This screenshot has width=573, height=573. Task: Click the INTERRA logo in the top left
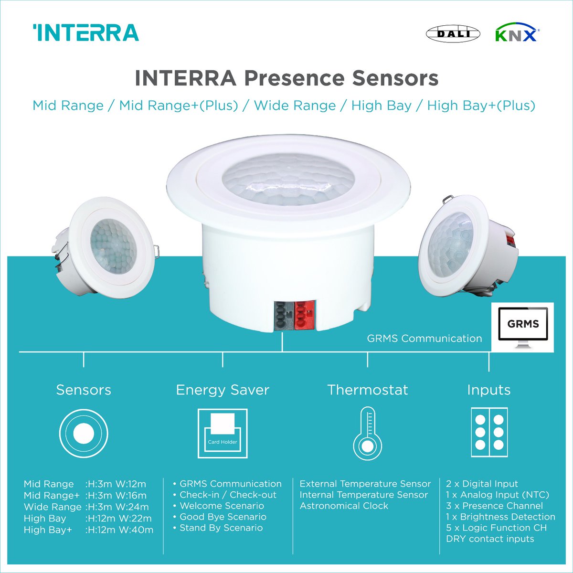[86, 33]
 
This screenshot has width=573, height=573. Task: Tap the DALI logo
[453, 33]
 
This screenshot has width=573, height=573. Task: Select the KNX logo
[517, 34]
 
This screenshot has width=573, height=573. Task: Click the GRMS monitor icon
[523, 326]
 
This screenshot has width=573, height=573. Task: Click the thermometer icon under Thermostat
[367, 433]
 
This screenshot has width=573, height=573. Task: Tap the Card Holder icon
[223, 433]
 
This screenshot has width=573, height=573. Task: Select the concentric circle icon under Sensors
[84, 434]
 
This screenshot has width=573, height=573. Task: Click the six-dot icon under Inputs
[489, 433]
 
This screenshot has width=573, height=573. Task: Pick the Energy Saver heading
[223, 390]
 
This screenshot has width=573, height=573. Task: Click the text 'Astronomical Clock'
[344, 506]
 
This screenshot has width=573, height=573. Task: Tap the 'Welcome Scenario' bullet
[222, 506]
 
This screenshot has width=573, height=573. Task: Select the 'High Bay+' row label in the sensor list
[48, 530]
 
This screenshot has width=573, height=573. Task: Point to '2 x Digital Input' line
[482, 484]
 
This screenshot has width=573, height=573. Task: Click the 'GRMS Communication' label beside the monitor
[424, 339]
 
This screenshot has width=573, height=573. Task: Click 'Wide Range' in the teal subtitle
[295, 106]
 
